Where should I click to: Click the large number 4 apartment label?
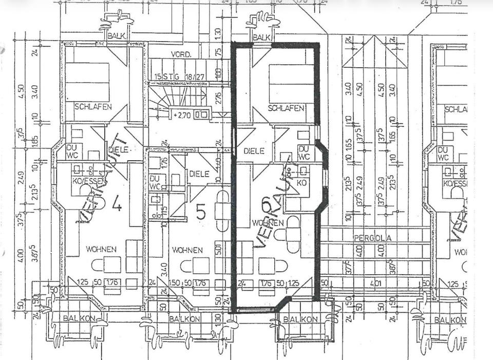117,205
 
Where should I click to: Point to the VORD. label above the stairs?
182,54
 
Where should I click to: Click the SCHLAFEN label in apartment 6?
287,108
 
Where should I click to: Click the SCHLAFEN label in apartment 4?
93,107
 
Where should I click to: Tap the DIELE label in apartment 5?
199,174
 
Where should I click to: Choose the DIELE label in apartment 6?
254,151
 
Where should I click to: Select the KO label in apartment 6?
302,182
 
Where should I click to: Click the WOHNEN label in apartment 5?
187,250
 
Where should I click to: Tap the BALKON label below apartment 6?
300,319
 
